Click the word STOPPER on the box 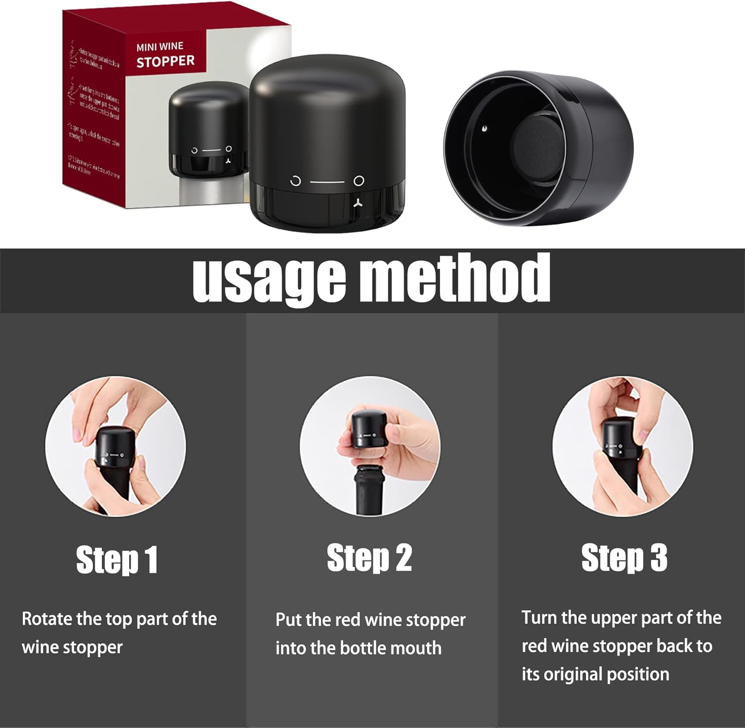165,62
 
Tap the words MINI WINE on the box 160,47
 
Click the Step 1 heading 117,560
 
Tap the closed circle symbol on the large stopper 359,181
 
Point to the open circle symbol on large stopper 296,181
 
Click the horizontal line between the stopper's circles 327,181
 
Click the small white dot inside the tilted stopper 484,129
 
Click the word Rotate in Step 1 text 47,619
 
